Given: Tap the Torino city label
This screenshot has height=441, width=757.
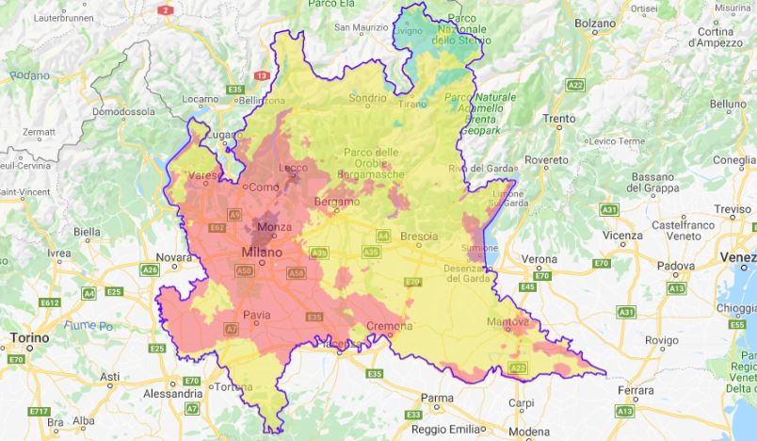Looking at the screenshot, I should tap(30, 336).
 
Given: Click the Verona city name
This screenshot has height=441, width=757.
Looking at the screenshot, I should tap(540, 258).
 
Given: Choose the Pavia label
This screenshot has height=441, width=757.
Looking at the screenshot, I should tap(257, 315).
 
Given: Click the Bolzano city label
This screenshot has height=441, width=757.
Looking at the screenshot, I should tap(595, 22).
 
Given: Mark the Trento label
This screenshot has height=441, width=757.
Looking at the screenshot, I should tap(558, 120).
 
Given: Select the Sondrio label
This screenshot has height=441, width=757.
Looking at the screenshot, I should tap(367, 97).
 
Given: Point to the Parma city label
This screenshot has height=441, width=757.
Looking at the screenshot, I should tap(436, 398).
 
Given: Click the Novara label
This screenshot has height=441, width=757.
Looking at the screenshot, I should tap(173, 256).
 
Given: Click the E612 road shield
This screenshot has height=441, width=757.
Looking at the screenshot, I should tap(50, 302).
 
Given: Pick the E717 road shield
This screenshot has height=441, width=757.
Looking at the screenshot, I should tap(39, 411).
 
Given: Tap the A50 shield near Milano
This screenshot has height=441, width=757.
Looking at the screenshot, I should tap(244, 271).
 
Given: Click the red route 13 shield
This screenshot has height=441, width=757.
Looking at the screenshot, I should tap(261, 75).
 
